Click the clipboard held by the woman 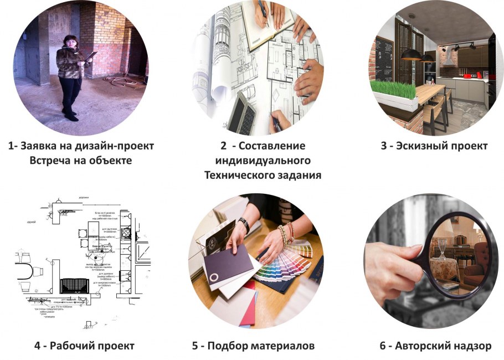pos(89,58)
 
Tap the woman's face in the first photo pos(73,42)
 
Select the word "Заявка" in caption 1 pos(43,146)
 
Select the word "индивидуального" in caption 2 pos(263,161)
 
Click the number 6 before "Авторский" pos(383,346)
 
